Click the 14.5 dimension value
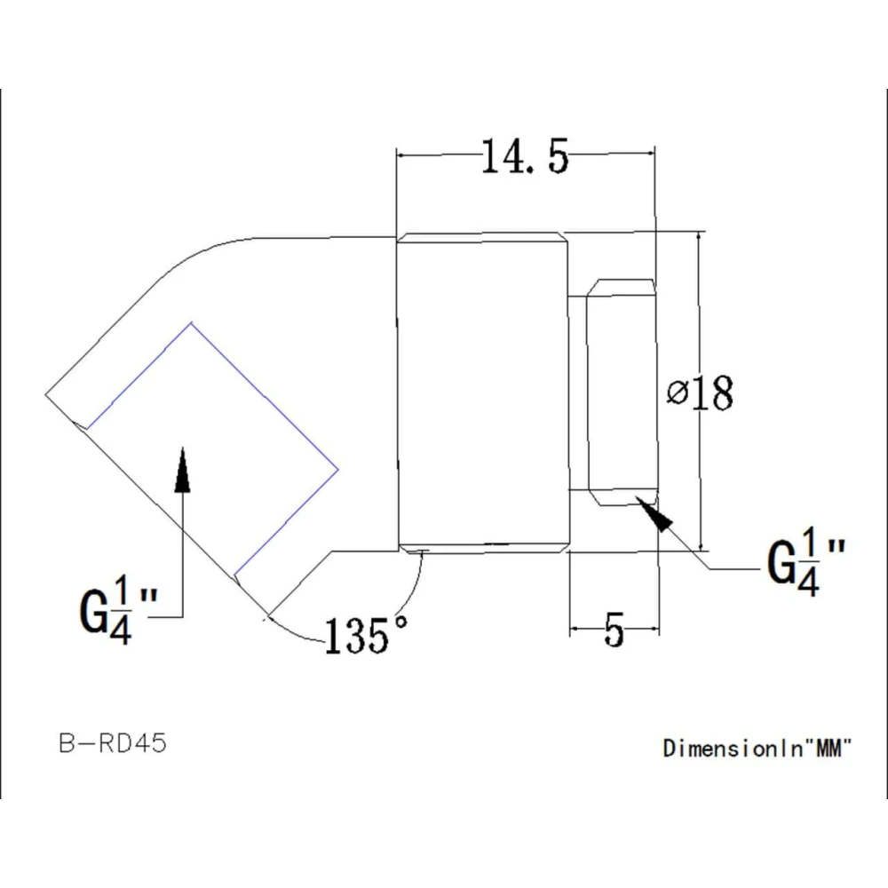point(524,157)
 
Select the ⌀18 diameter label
point(701,393)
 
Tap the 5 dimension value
point(614,630)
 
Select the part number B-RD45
point(113,743)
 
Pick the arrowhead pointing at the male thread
point(657,515)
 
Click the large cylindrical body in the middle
point(480,392)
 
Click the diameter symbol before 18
point(677,394)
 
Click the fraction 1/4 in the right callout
point(808,562)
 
